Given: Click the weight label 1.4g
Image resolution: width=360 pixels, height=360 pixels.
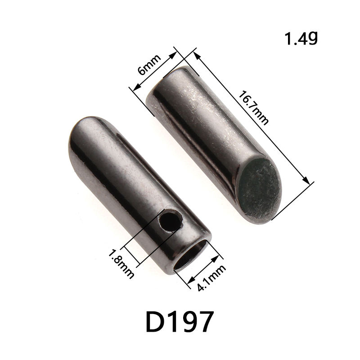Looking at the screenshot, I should click(301, 39).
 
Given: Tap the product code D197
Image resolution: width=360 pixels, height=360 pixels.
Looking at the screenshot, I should click(179, 321).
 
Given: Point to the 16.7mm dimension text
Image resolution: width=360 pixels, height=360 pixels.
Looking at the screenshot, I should click(254, 108).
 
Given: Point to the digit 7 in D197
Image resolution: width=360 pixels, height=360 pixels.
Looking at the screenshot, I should click(204, 321).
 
